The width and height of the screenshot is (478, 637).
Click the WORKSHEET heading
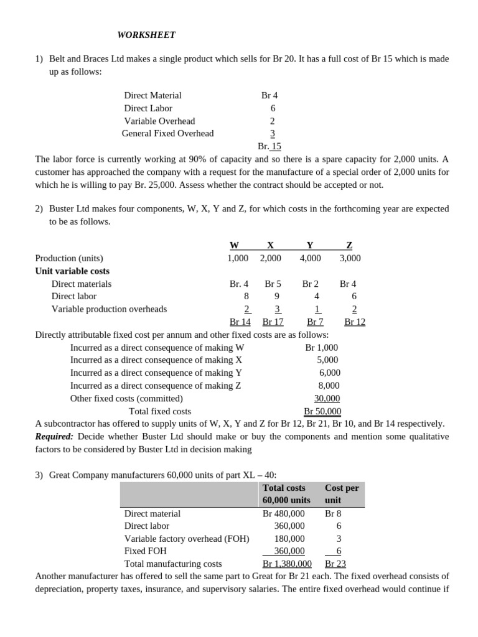point(147,35)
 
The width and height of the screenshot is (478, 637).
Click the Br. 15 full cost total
point(269,146)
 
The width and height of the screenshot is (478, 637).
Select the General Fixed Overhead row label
point(167,133)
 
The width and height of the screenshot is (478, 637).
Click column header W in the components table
point(234,246)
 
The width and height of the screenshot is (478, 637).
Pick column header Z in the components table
point(349,246)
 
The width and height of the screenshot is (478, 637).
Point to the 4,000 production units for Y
point(310,258)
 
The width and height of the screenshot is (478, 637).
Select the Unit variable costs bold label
point(72,271)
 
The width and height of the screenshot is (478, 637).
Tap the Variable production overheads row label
point(109,309)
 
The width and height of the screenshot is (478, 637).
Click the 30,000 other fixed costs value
point(327,398)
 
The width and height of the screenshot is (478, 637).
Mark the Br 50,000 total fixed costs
point(322,411)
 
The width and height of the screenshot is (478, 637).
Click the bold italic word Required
point(54,437)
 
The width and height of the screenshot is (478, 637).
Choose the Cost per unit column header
point(342,494)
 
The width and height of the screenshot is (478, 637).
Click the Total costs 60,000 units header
point(286,494)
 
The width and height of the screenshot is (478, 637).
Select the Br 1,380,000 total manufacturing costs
point(287,564)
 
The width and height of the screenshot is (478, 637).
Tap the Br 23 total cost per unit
point(335,564)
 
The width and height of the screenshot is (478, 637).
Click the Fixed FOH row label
point(145,551)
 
